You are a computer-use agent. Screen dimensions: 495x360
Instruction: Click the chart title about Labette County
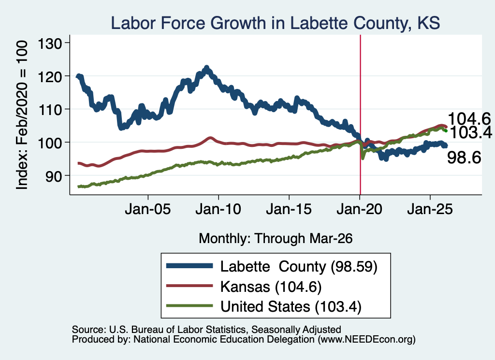[x=275, y=23]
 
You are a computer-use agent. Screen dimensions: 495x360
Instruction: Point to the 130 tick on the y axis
[x=50, y=43]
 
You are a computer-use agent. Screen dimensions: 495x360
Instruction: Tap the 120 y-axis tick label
[x=50, y=76]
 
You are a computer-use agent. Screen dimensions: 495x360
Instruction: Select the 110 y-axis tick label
[x=50, y=109]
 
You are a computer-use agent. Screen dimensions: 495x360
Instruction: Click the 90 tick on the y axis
[x=54, y=175]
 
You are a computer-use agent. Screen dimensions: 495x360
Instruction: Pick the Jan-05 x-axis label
[x=148, y=209]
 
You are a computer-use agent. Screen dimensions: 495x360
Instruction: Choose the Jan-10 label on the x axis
[x=218, y=209]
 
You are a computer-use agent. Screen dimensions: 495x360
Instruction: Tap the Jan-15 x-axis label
[x=289, y=209]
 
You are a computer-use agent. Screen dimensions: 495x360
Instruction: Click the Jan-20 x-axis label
[x=360, y=209]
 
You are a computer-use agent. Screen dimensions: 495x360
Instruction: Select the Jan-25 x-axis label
[x=430, y=209]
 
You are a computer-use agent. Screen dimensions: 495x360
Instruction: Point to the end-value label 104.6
[x=469, y=119]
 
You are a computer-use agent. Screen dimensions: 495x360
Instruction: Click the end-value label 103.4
[x=471, y=132]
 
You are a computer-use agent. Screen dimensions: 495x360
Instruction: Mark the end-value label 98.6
[x=464, y=158]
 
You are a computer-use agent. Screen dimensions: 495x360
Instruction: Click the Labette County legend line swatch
[x=189, y=266]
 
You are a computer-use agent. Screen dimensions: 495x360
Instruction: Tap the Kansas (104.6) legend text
[x=271, y=287]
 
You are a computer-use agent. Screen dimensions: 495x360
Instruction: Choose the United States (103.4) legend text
[x=291, y=306]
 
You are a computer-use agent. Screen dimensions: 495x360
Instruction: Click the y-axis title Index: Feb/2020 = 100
[x=22, y=115]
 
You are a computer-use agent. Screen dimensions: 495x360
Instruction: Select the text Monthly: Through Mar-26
[x=276, y=238]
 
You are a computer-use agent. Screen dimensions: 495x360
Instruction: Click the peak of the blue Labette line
[x=206, y=68]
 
